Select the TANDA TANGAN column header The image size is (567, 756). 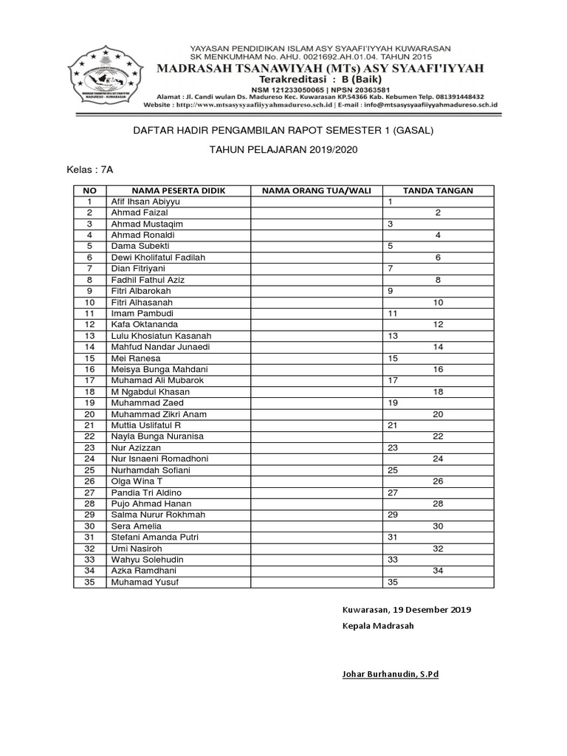(438, 190)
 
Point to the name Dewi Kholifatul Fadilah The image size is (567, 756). (157, 257)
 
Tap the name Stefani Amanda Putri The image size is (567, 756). (154, 537)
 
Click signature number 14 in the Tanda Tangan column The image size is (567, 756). (438, 346)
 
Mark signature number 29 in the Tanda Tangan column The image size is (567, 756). (393, 515)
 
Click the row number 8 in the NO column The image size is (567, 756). (89, 280)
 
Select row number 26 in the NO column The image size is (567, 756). (89, 481)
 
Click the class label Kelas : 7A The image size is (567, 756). (91, 169)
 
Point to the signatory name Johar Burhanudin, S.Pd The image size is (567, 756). (390, 674)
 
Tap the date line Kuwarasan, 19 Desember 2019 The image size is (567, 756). (406, 610)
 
